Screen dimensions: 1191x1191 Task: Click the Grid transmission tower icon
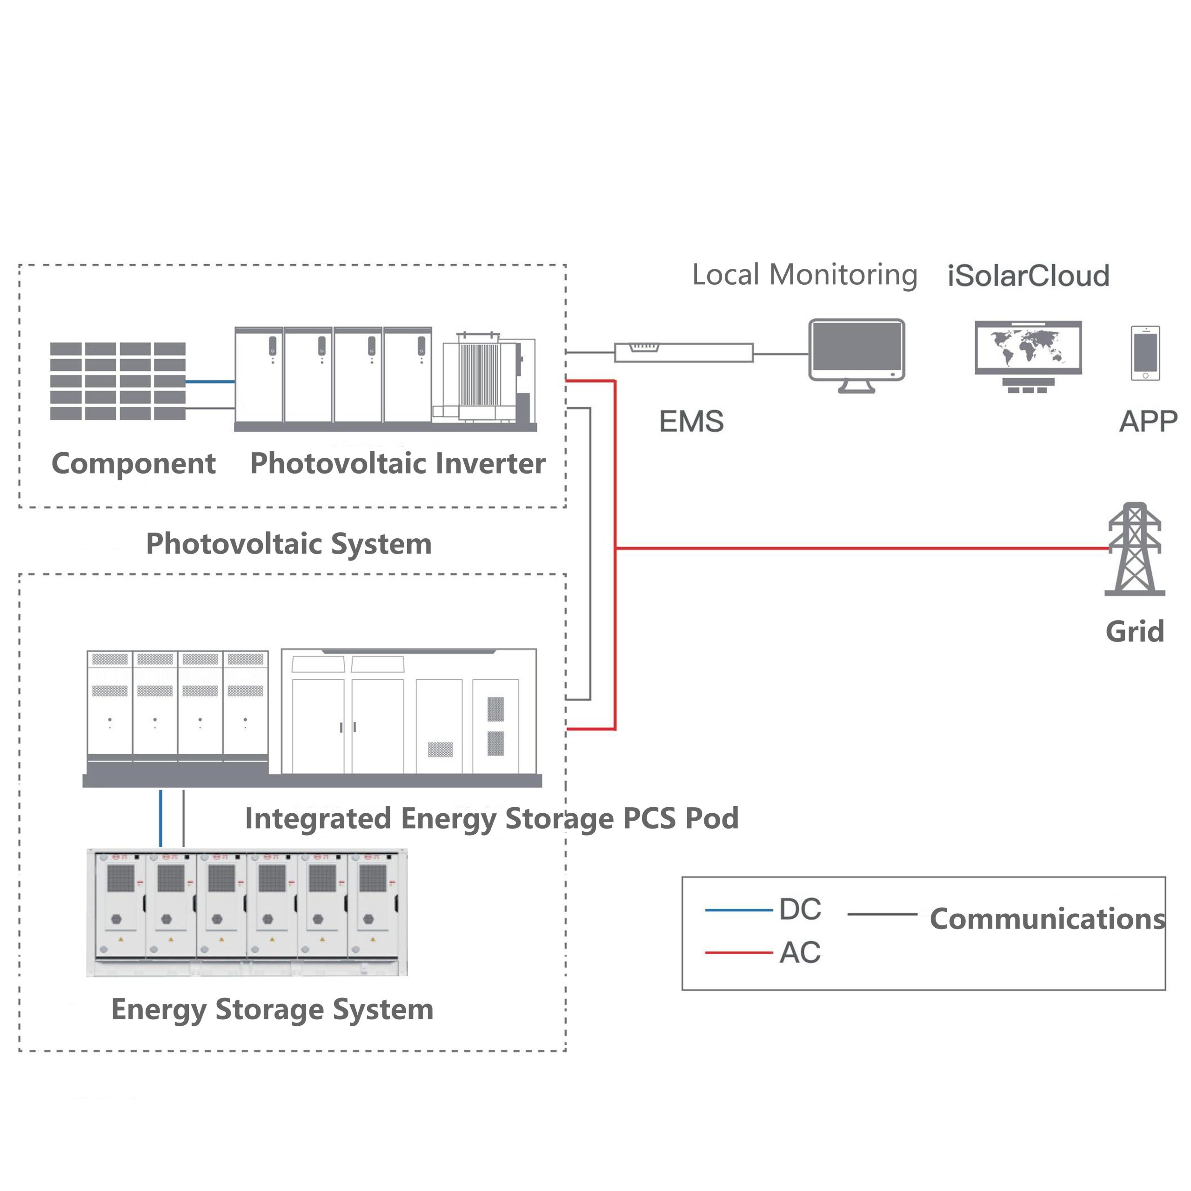[1134, 549]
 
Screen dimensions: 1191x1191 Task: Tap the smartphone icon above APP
[1145, 353]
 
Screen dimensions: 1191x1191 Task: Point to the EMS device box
[683, 353]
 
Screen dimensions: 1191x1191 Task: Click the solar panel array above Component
[118, 381]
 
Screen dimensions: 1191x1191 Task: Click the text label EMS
[691, 422]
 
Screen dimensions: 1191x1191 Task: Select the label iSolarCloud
[1028, 275]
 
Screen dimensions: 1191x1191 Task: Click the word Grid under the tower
[1134, 631]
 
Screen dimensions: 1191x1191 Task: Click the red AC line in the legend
[738, 952]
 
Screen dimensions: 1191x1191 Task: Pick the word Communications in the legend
[1047, 918]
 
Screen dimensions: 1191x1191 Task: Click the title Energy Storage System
[272, 1010]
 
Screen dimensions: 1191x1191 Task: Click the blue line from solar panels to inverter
[210, 381]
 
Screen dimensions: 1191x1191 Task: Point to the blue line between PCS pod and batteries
[161, 818]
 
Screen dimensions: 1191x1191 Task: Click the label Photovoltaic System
[288, 544]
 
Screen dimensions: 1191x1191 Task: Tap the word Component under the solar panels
[133, 463]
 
